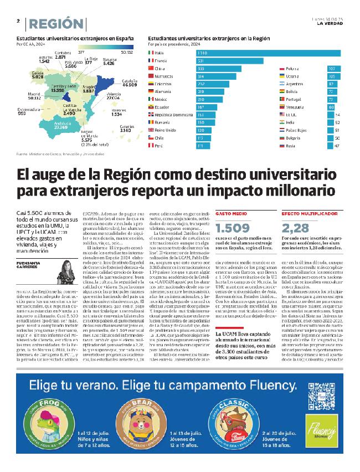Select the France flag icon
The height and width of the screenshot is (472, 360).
(x=151, y=60)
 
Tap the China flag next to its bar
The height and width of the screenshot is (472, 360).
(x=151, y=68)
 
